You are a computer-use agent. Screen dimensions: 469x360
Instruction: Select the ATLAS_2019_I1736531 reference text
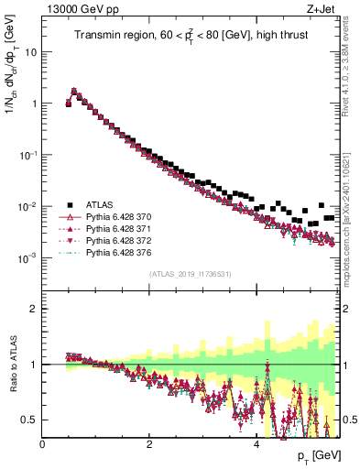point(191,275)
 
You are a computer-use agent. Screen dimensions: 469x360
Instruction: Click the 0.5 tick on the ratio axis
point(31,420)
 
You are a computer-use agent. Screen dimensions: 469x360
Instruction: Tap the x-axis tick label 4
point(256,445)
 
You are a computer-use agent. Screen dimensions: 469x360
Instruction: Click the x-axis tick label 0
point(42,445)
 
